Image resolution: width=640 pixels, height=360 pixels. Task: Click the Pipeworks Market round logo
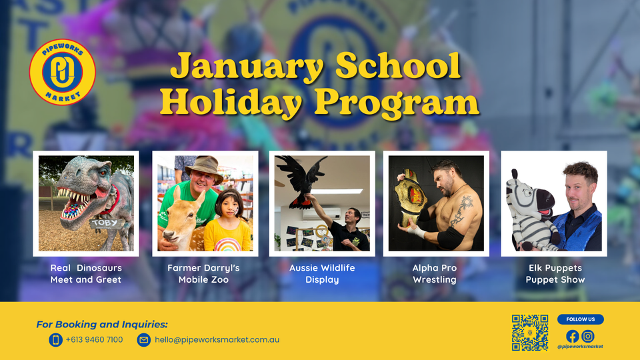pyautogui.click(x=63, y=72)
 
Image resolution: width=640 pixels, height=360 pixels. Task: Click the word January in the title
pyautogui.click(x=247, y=66)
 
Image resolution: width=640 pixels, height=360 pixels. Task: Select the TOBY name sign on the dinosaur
pyautogui.click(x=105, y=223)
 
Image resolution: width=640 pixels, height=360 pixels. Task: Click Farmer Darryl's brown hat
pyautogui.click(x=203, y=167)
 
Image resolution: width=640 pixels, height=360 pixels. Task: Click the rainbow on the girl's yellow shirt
pyautogui.click(x=228, y=245)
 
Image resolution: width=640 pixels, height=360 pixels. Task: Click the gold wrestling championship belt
pyautogui.click(x=410, y=198)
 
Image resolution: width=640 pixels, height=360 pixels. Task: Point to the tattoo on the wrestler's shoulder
pyautogui.click(x=462, y=209)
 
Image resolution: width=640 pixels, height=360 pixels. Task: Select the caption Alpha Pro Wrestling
pyautogui.click(x=435, y=273)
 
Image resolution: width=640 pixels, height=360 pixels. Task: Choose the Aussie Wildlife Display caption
pyautogui.click(x=322, y=273)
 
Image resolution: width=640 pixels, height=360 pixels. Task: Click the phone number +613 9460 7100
pyautogui.click(x=94, y=339)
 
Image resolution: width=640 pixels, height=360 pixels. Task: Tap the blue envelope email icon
pyautogui.click(x=144, y=339)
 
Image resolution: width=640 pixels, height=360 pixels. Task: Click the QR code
pyautogui.click(x=530, y=332)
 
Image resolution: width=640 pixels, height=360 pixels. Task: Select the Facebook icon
pyautogui.click(x=573, y=336)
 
